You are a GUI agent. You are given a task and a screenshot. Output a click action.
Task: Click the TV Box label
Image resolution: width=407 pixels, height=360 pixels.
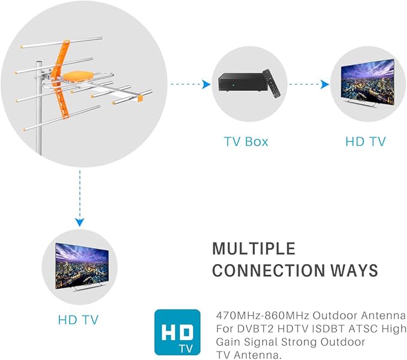pyautogui.click(x=246, y=142)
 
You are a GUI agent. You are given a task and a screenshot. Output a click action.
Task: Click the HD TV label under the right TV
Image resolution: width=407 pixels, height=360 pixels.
pyautogui.click(x=366, y=142)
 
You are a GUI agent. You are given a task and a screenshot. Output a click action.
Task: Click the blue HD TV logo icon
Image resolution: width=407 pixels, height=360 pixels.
pyautogui.click(x=177, y=332)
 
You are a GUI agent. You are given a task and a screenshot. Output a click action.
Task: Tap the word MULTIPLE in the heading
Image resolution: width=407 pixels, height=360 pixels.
pyautogui.click(x=254, y=249)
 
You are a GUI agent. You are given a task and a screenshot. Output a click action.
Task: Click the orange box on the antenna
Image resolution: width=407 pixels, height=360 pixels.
pyautogui.click(x=75, y=77)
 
